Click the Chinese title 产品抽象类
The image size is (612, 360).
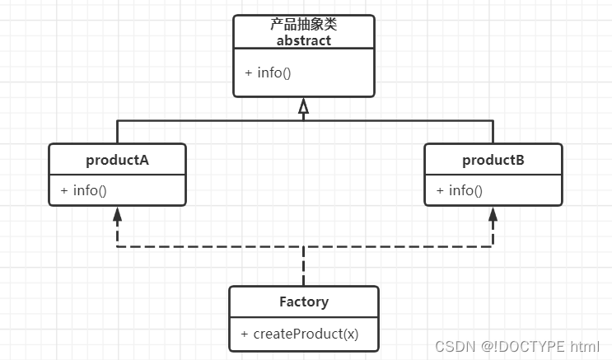tap(303, 26)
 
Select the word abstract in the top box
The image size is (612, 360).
tap(303, 40)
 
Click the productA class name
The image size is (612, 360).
tap(117, 160)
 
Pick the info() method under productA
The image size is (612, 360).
tap(90, 190)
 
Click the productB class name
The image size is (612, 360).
tap(493, 160)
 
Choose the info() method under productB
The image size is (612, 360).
tap(465, 190)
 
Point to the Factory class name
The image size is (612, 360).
tap(303, 302)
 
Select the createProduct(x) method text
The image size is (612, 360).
tap(306, 334)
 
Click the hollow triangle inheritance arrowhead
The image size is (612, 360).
tap(303, 106)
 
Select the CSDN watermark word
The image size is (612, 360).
tap(451, 346)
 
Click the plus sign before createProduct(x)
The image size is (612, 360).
tap(245, 334)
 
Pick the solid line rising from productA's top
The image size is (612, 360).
tap(117, 132)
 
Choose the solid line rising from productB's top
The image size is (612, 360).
tap(493, 132)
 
